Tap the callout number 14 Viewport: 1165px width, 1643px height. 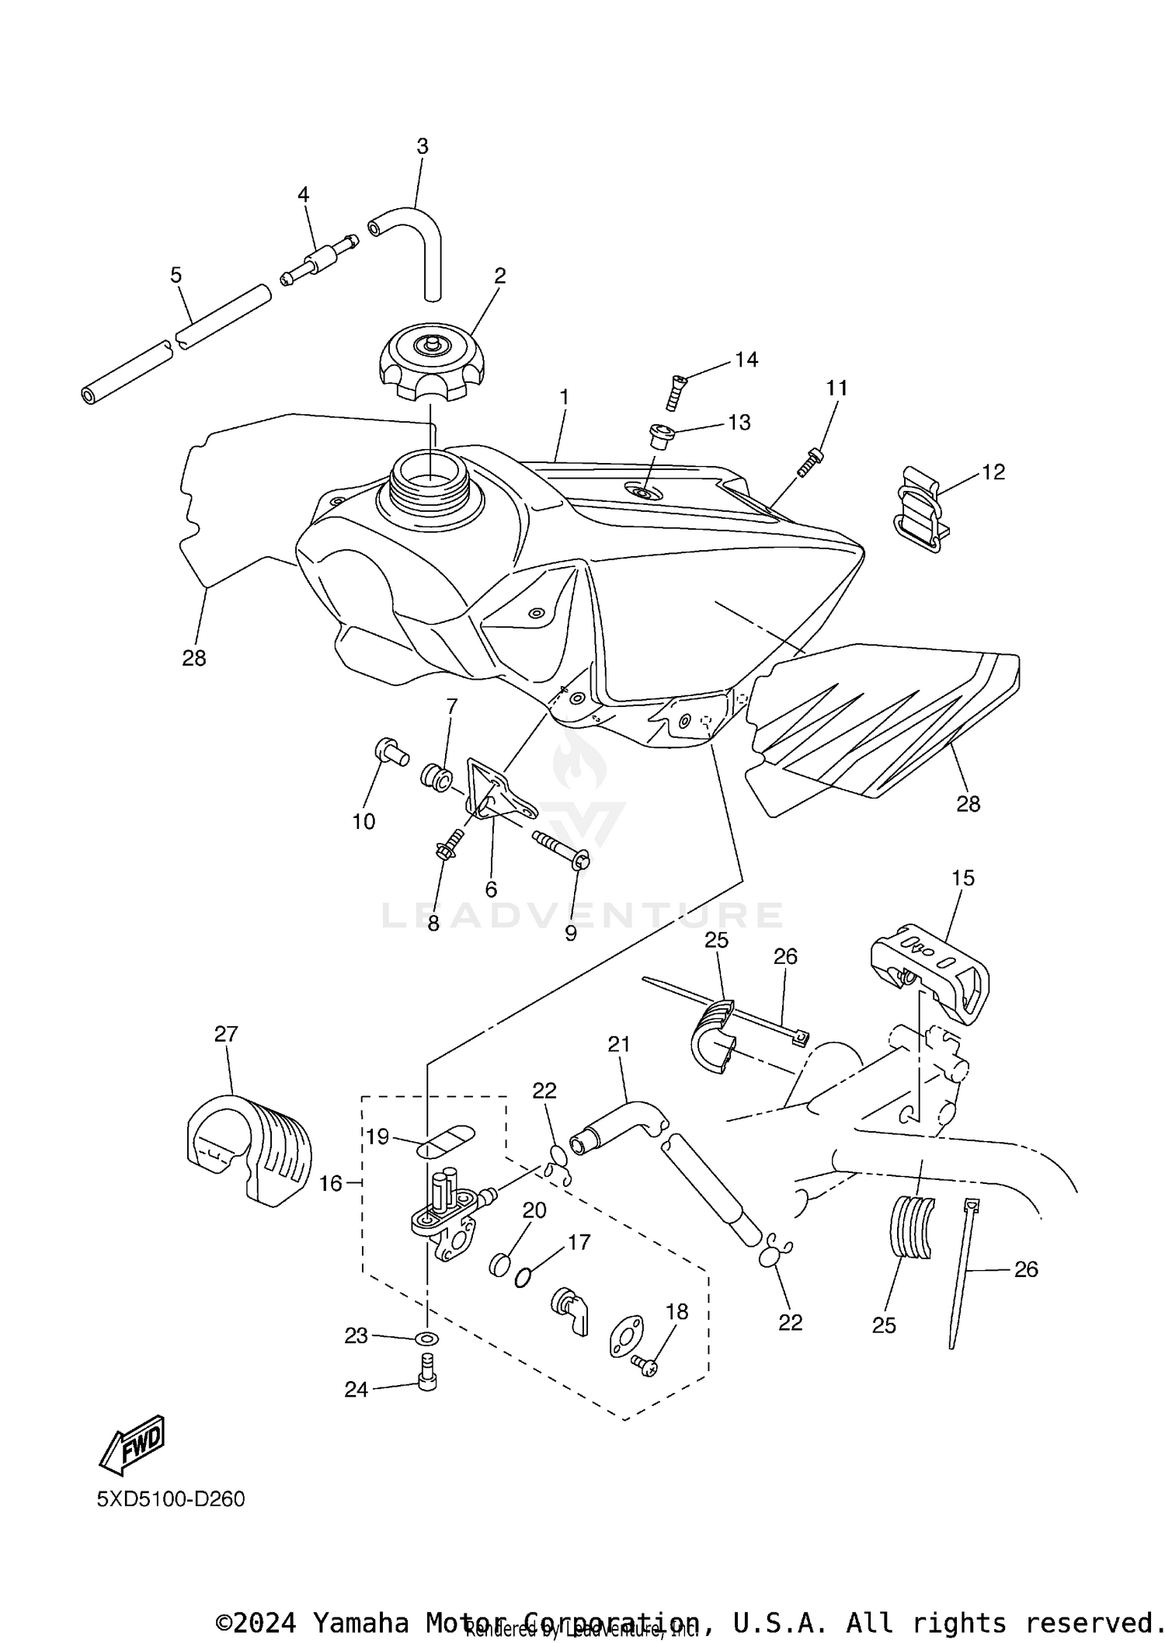coord(746,360)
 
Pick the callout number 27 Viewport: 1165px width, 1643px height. coord(226,1034)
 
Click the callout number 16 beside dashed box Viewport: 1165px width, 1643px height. coord(331,1183)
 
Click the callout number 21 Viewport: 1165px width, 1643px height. coord(619,1045)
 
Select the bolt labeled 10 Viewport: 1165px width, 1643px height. coord(390,751)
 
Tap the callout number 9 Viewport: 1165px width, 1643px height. coord(571,934)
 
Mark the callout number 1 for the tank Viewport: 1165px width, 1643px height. coord(565,397)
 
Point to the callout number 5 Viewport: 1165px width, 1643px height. coord(176,275)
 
